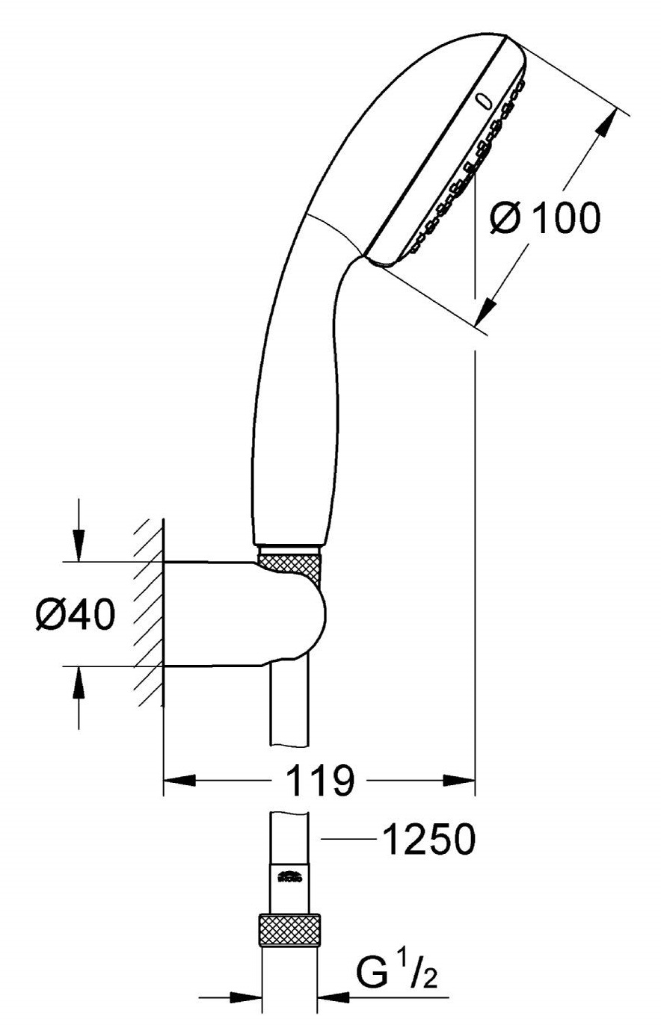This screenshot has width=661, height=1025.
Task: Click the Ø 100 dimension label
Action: pos(544,219)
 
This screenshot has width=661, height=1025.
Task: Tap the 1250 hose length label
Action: pos(428,841)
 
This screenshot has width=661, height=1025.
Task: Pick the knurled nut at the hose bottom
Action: pos(291,930)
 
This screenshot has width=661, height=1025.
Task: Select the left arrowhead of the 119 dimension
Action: pos(179,781)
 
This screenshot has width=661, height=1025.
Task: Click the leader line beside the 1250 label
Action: pos(348,841)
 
